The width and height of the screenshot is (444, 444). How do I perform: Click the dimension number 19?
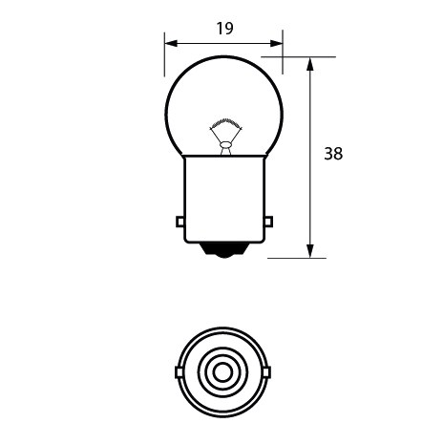[224, 29]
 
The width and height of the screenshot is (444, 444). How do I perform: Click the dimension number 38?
[332, 153]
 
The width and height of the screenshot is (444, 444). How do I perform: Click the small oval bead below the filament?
[223, 143]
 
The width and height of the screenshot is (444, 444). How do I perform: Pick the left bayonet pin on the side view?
[180, 222]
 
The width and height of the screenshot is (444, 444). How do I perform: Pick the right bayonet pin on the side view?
[267, 222]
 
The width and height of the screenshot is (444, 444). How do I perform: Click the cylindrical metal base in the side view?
[223, 196]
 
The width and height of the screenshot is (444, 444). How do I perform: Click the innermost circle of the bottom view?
[223, 371]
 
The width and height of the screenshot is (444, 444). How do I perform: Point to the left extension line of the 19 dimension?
[164, 57]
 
